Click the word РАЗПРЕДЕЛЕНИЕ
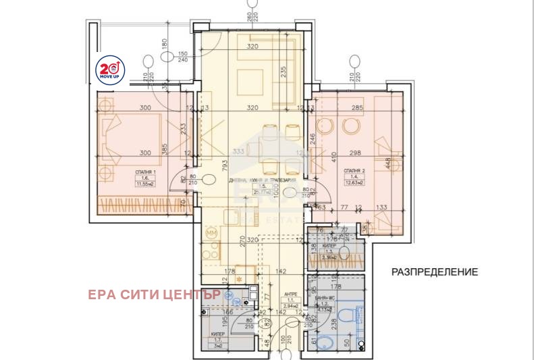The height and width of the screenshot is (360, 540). pos(435,272)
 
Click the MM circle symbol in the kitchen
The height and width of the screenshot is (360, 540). pos(211,233)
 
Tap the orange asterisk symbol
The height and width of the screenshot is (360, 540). pos(238,278)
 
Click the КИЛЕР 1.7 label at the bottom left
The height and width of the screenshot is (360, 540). pos(217,334)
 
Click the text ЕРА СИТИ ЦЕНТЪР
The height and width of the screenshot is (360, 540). pos(154,294)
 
